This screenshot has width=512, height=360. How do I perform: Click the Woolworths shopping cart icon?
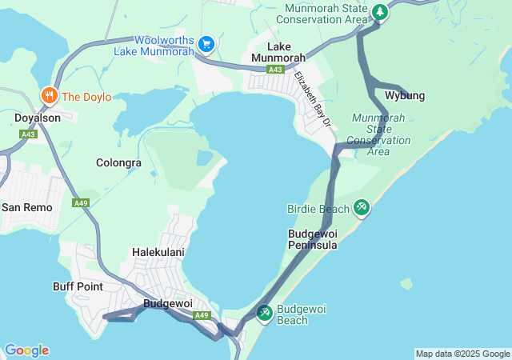click(x=206, y=43)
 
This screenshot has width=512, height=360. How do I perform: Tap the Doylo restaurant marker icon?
click(x=49, y=96)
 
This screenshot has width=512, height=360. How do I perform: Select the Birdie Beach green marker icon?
click(x=362, y=208)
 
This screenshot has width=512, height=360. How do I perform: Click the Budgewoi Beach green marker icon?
click(x=264, y=311)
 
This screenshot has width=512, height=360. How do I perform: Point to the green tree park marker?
click(x=380, y=12)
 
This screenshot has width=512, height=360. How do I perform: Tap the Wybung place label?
click(x=405, y=96)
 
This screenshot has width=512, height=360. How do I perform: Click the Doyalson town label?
click(x=37, y=118)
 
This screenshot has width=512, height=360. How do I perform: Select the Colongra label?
click(x=118, y=162)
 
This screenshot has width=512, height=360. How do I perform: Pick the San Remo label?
click(x=26, y=207)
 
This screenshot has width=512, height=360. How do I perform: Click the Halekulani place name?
click(x=158, y=252)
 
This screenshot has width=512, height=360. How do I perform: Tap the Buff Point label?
click(x=78, y=286)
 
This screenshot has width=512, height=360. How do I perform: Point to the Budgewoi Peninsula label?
click(x=312, y=239)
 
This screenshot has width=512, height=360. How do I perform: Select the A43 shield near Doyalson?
click(x=29, y=134)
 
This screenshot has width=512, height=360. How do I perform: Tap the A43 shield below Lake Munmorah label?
click(x=275, y=70)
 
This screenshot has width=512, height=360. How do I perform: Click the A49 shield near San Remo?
click(x=81, y=203)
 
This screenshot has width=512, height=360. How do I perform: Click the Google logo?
click(x=26, y=350)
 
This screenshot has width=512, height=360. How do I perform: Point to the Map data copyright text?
click(x=462, y=354)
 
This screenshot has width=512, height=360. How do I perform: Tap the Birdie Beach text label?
click(x=318, y=209)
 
